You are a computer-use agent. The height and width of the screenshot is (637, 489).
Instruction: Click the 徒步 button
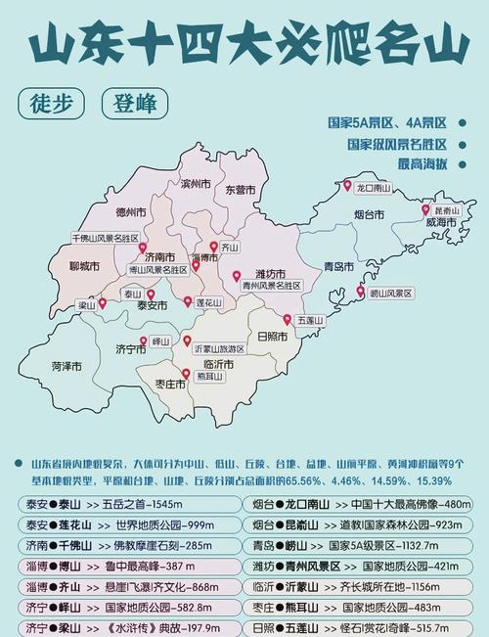click(53, 102)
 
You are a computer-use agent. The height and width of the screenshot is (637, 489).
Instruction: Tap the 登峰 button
click(133, 102)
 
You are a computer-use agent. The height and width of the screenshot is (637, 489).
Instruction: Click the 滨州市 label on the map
click(196, 182)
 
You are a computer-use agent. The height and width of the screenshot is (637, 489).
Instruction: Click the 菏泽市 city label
click(67, 365)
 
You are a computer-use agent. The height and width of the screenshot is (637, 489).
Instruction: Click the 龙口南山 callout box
click(373, 187)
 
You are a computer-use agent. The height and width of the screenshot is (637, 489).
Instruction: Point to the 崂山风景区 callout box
click(390, 293)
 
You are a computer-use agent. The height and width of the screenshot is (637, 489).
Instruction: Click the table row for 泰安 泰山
click(126, 505)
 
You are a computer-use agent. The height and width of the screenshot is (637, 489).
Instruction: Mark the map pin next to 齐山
click(214, 249)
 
